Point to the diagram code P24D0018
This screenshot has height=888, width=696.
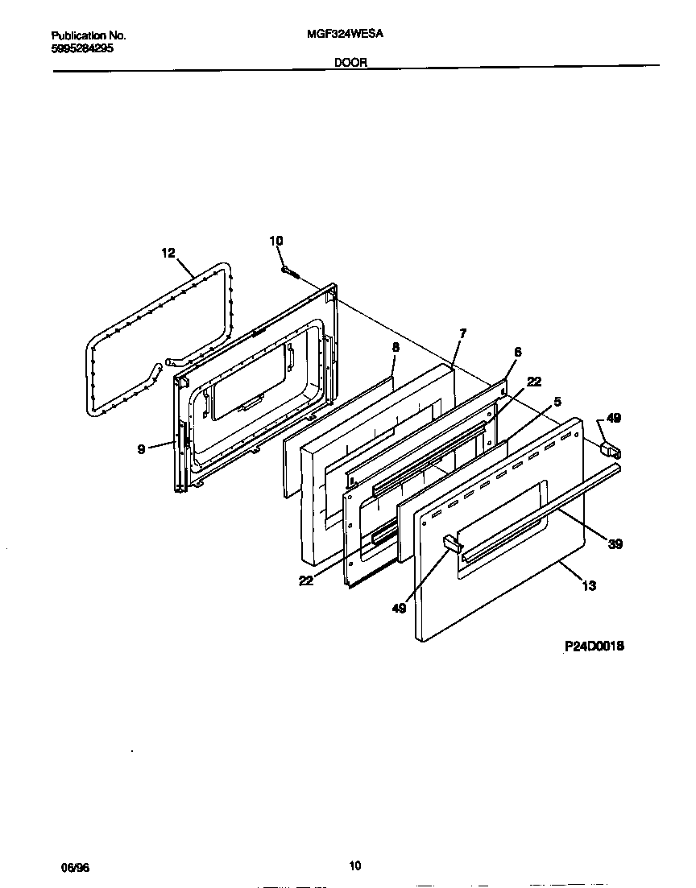[x=594, y=646]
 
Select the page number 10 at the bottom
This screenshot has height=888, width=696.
[x=354, y=866]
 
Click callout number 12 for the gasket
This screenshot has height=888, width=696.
[x=168, y=253]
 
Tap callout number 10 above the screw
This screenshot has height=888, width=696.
[x=275, y=241]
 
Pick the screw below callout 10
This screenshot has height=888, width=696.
[x=290, y=272]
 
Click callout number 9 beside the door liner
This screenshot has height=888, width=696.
[x=141, y=449]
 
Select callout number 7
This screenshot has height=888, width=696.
[x=462, y=332]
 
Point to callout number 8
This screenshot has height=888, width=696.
[x=396, y=347]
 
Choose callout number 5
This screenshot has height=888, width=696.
[x=557, y=400]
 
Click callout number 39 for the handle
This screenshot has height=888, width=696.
[x=615, y=544]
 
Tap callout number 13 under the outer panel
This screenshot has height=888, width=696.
[x=589, y=585]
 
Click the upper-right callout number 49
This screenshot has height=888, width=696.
[x=614, y=418]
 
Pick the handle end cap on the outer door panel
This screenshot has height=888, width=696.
[x=451, y=546]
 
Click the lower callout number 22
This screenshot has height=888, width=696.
[x=306, y=580]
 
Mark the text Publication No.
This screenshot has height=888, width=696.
[x=89, y=36]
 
